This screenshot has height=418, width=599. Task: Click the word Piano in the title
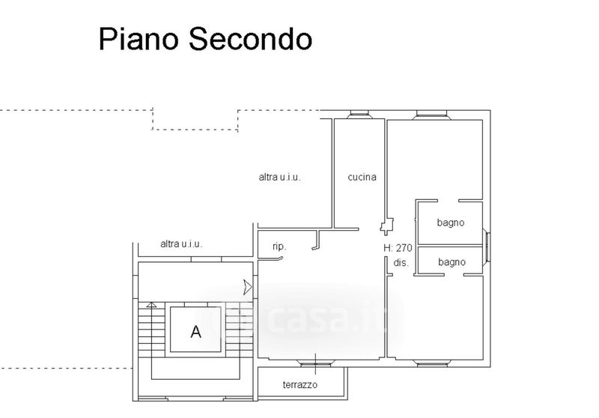[x=137, y=39]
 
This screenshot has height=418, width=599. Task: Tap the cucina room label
[x=362, y=178]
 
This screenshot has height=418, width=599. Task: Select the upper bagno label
[x=451, y=222]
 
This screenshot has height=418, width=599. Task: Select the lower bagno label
[x=452, y=262]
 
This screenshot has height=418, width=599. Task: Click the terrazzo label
[x=300, y=384]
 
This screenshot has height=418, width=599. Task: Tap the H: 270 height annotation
[x=398, y=248]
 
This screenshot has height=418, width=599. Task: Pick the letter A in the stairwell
[x=196, y=332]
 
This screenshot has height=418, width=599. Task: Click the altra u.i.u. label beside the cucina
[x=279, y=178]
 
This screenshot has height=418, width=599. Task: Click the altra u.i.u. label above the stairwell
[x=181, y=243]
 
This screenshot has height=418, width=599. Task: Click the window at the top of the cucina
[x=359, y=115]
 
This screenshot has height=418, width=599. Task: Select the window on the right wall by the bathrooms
[x=488, y=244]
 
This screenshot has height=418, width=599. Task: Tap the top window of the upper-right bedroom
[x=432, y=115]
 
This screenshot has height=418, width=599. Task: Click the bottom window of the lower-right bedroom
[x=432, y=364]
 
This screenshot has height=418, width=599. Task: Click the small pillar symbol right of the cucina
[x=386, y=225]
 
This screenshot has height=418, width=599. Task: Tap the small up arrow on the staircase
[x=151, y=305]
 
